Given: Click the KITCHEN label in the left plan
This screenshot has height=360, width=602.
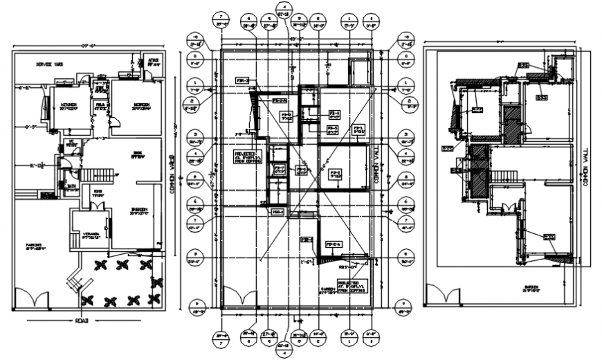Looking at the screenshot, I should coord(68,106).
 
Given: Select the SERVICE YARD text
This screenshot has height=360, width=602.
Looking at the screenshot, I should coord(49,64).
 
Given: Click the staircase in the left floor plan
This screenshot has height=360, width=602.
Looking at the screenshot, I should coord(96,175).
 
